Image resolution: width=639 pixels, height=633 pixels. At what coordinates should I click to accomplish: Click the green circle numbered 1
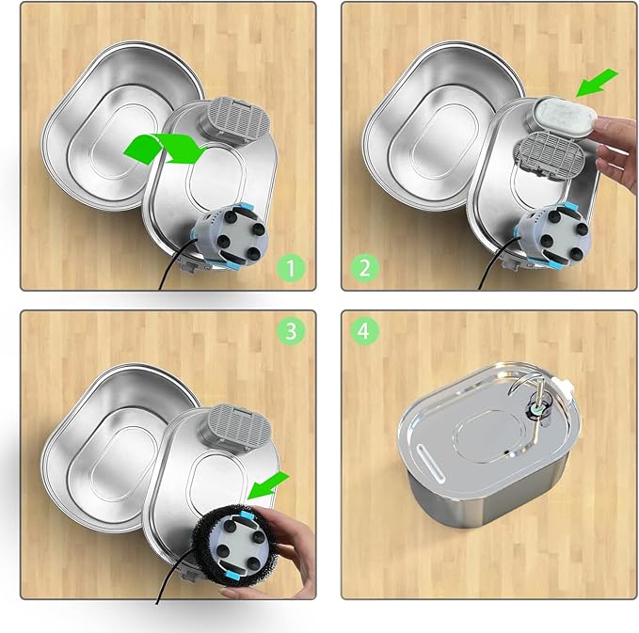pos(292,270)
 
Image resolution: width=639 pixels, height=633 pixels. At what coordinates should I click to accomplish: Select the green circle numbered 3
pos(292,331)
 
